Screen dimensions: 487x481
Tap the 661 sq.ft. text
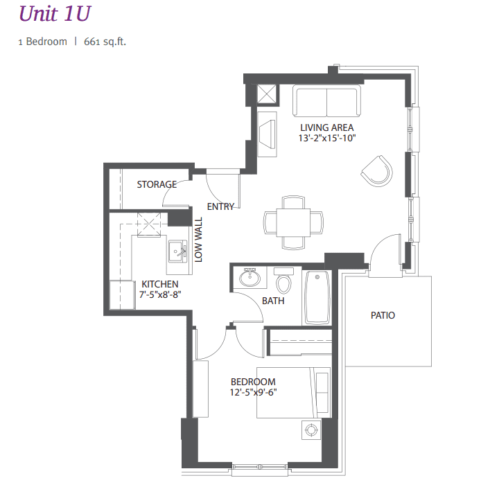click(x=105, y=42)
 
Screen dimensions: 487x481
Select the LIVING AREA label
click(x=326, y=127)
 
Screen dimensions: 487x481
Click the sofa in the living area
click(x=326, y=101)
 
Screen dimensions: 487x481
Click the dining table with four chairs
click(x=292, y=222)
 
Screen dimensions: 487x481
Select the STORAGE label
click(x=156, y=184)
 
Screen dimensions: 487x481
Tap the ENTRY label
click(x=221, y=206)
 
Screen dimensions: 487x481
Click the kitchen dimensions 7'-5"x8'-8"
click(x=160, y=295)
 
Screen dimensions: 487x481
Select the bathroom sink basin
click(x=248, y=278)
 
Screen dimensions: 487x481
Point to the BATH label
click(x=273, y=301)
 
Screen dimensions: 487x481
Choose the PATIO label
click(x=383, y=315)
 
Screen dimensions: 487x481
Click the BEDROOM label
click(x=253, y=382)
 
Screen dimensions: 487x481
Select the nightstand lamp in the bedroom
click(x=311, y=430)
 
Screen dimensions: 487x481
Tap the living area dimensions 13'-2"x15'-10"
click(x=326, y=138)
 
